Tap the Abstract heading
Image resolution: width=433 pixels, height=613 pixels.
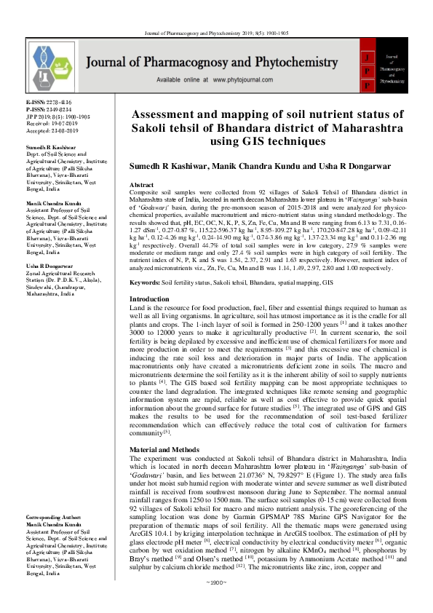coord(140,186)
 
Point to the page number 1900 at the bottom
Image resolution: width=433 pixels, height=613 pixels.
coord(216,604)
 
